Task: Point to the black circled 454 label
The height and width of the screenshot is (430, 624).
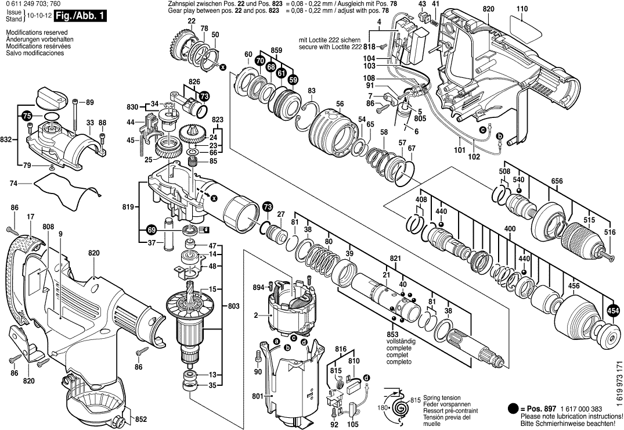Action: point(612,312)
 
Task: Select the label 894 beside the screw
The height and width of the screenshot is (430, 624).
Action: point(258,286)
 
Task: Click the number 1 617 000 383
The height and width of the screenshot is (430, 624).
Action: point(572,409)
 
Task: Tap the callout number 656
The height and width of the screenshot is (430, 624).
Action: point(557,181)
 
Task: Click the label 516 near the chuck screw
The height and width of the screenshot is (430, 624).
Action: point(609,232)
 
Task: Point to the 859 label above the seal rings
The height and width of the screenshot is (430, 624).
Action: point(276,51)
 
